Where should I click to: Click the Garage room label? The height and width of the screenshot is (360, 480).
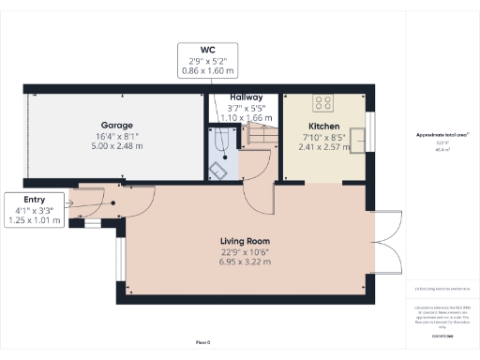pyautogui.click(x=117, y=125)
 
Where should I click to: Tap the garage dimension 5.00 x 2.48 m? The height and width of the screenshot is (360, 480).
pyautogui.click(x=117, y=145)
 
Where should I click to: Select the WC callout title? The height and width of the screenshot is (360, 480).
pyautogui.click(x=207, y=49)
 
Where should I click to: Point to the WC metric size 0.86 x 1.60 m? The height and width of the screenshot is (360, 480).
pyautogui.click(x=207, y=71)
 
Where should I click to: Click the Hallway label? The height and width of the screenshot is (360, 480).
pyautogui.click(x=246, y=97)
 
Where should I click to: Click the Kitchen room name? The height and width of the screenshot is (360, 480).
pyautogui.click(x=323, y=125)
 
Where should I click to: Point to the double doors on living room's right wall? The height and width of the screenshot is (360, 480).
pyautogui.click(x=383, y=247)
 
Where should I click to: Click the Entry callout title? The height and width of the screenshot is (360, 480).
pyautogui.click(x=33, y=201)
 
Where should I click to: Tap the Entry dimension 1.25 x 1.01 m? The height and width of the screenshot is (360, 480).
pyautogui.click(x=33, y=222)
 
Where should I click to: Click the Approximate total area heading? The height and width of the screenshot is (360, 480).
pyautogui.click(x=442, y=135)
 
